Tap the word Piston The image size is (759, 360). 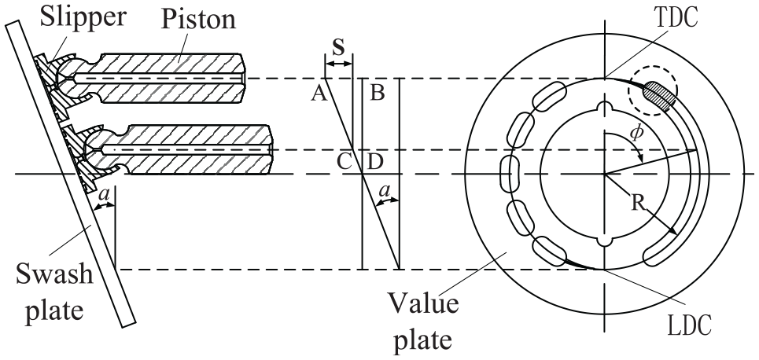(x=198, y=20)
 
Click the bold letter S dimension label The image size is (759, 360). (x=339, y=47)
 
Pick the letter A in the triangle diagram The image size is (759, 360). (x=319, y=93)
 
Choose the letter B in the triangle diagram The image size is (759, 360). (x=377, y=93)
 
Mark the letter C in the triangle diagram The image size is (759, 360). (x=344, y=162)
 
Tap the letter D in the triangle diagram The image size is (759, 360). (x=374, y=162)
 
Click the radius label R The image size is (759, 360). (x=639, y=203)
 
